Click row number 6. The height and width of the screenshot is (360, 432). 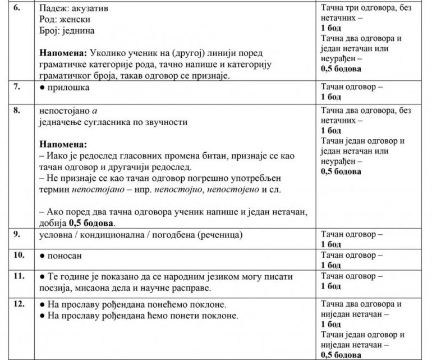pos(18,10)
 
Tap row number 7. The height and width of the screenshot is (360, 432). pos(18,88)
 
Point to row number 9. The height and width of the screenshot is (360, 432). pos(18,233)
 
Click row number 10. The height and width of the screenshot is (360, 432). pos(20,254)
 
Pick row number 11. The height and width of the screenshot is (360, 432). pos(20,276)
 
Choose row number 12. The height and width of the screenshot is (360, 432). pos(20,305)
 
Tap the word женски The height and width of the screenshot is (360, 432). pos(72,21)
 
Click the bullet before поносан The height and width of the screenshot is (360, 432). pos(43,255)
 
